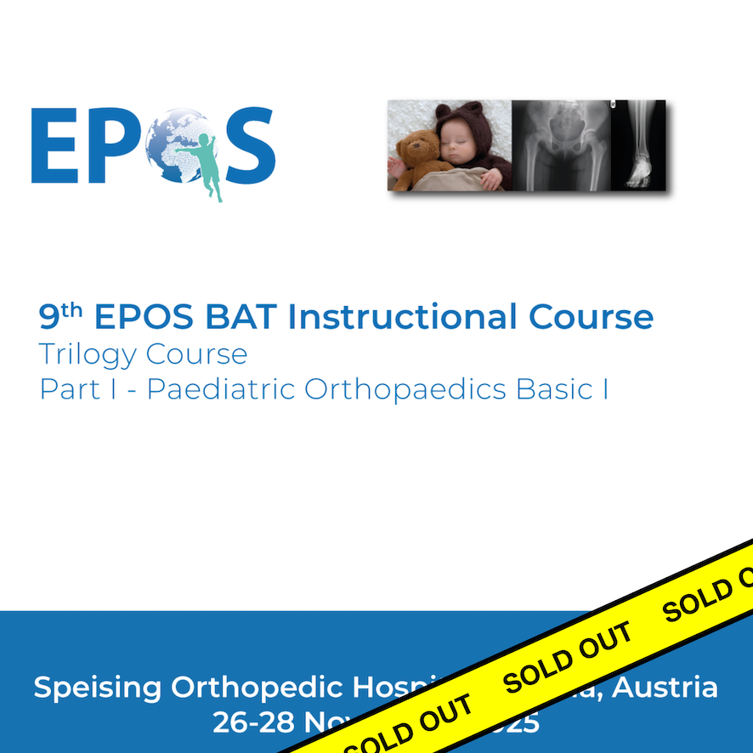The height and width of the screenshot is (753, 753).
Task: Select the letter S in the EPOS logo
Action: click(x=245, y=145)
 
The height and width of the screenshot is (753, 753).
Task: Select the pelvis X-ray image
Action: click(x=561, y=144)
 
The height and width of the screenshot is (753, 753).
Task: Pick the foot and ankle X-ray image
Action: click(x=639, y=144)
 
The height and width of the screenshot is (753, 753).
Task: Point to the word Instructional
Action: click(x=404, y=317)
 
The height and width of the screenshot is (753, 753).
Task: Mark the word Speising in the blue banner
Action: click(x=98, y=688)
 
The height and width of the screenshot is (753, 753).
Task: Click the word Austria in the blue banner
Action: click(x=667, y=686)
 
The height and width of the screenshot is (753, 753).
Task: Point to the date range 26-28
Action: click(x=247, y=723)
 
